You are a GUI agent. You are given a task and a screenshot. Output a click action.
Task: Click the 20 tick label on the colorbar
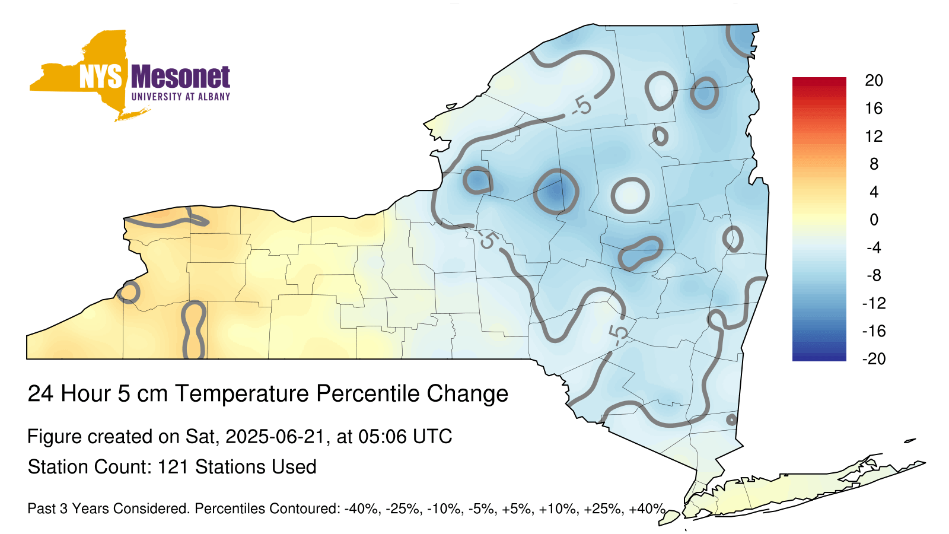(874, 81)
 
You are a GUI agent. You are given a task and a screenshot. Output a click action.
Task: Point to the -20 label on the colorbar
(874, 359)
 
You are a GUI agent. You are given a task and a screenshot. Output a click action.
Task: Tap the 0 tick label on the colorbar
(874, 220)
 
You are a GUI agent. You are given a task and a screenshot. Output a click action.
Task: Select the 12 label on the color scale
(874, 136)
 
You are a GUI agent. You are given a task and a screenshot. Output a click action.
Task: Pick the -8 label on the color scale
(874, 275)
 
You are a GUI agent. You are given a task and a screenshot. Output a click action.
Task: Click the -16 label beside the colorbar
(874, 331)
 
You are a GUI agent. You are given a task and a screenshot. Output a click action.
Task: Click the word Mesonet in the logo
(181, 77)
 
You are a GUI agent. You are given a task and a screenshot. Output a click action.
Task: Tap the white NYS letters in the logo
(101, 77)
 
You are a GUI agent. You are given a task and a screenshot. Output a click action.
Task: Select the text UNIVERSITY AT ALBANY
(181, 97)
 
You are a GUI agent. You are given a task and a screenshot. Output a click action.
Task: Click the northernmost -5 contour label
(581, 106)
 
